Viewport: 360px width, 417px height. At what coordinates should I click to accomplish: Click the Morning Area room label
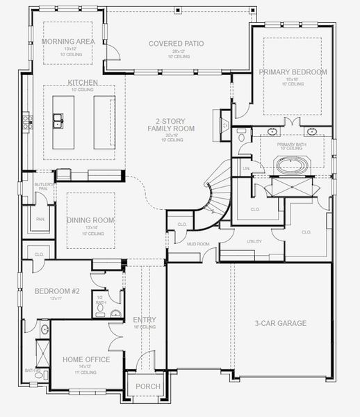point(67,42)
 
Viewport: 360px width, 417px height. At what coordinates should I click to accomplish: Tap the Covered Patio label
point(177,44)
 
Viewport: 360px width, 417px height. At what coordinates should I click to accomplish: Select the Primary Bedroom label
point(293,72)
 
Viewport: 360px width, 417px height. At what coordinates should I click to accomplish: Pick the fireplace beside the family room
point(224,126)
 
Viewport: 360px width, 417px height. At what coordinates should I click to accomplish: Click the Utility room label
point(254,241)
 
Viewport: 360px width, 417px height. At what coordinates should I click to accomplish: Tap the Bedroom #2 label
point(57,291)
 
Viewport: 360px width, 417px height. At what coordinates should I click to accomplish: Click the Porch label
point(147,386)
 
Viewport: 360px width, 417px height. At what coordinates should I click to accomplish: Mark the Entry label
point(144,320)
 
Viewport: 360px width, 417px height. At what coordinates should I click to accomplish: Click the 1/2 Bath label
point(101,300)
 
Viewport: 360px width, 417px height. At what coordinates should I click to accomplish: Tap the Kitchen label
point(83,83)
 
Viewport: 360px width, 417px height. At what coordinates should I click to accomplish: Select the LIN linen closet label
point(246,168)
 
